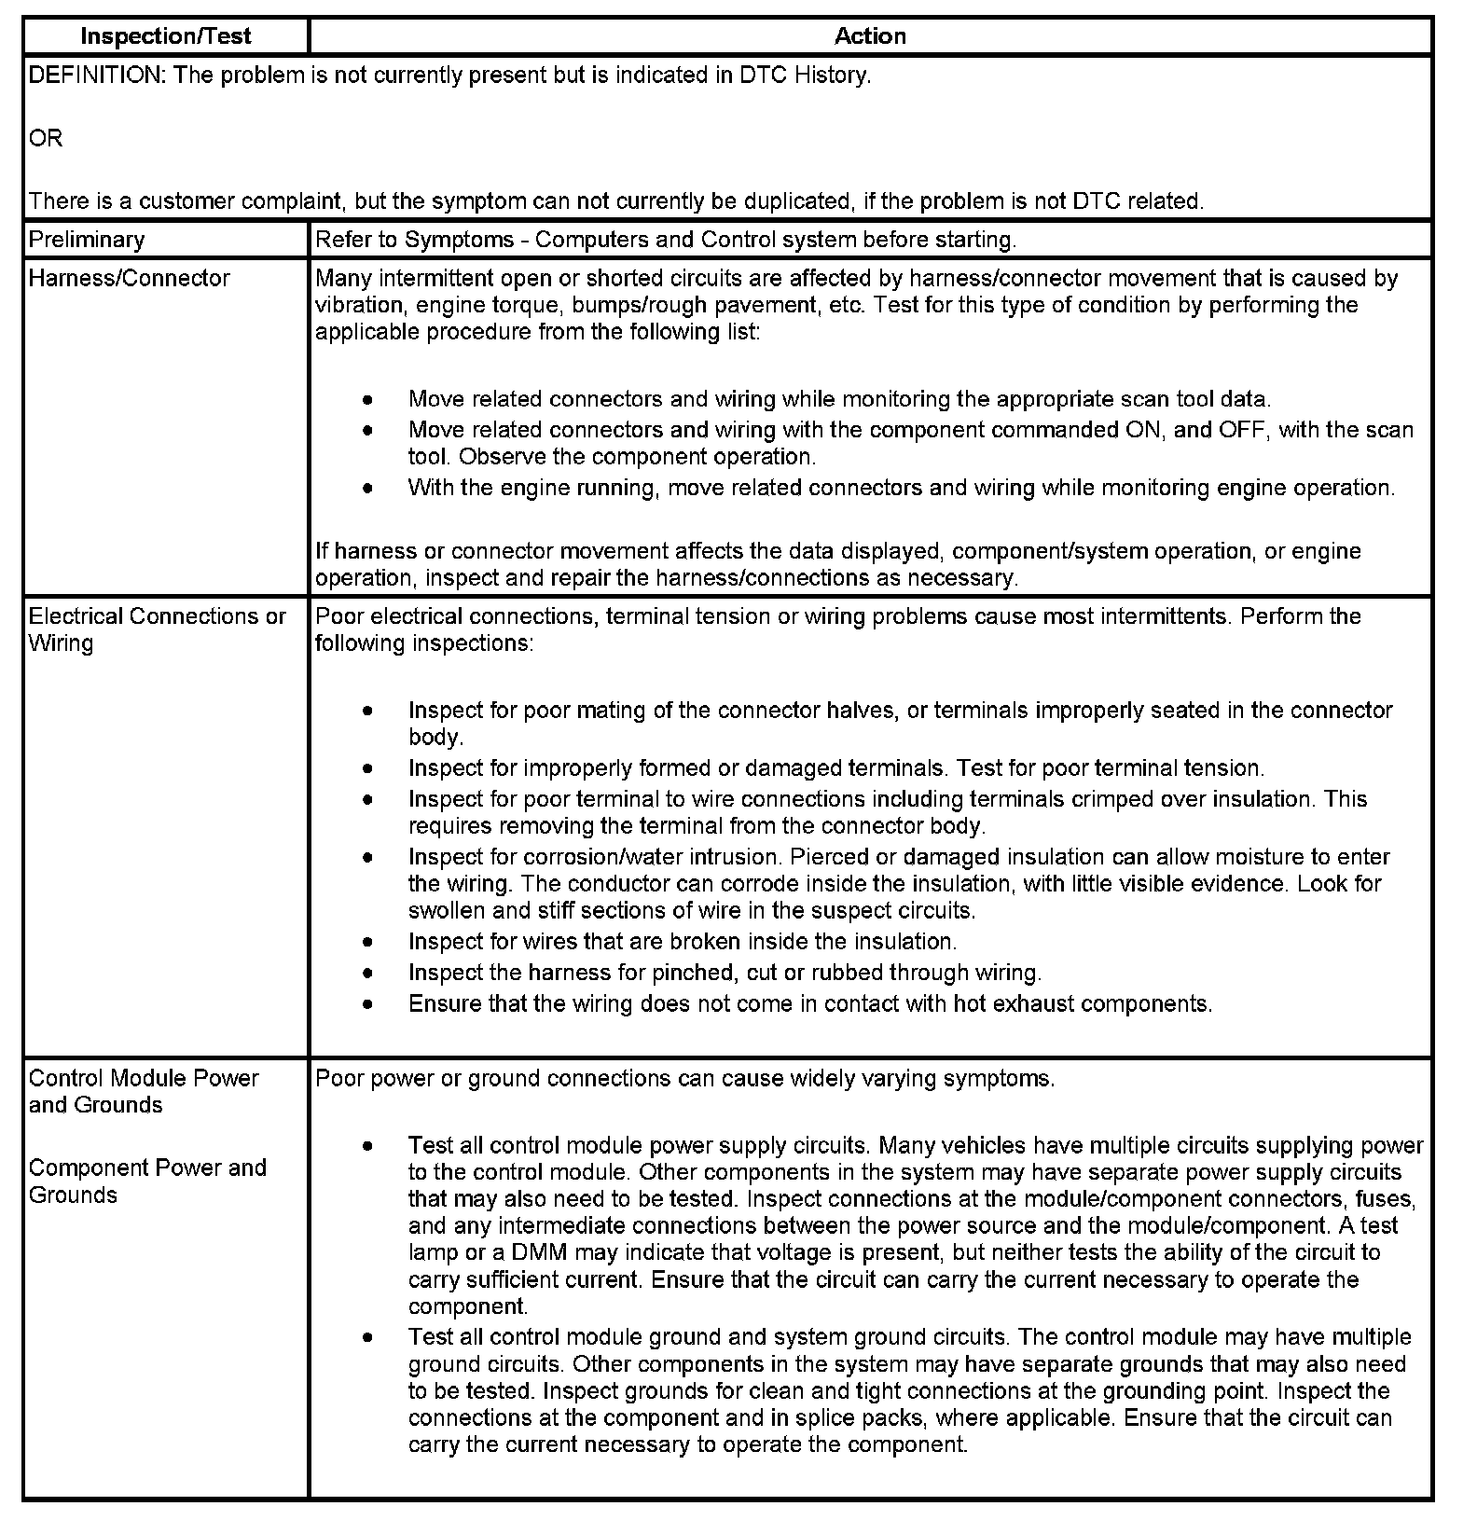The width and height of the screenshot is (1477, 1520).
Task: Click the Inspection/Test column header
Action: pyautogui.click(x=166, y=36)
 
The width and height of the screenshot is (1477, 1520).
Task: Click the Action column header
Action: pyautogui.click(x=869, y=36)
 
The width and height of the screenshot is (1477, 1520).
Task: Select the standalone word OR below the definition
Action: pyautogui.click(x=46, y=138)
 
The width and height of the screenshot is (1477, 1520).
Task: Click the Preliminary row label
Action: pyautogui.click(x=87, y=240)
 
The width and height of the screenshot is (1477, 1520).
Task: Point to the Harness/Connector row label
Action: pyautogui.click(x=129, y=278)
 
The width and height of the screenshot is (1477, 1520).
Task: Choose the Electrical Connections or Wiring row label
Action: pyautogui.click(x=157, y=629)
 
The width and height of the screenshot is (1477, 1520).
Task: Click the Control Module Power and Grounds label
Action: pyautogui.click(x=144, y=1091)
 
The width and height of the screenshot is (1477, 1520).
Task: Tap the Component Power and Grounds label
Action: pyautogui.click(x=147, y=1181)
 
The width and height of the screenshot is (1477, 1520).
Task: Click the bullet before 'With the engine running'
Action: pyautogui.click(x=369, y=488)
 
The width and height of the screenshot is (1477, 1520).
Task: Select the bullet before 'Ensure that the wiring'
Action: pyautogui.click(x=369, y=1004)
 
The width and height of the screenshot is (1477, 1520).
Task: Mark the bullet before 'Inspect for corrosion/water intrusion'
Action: pyautogui.click(x=369, y=857)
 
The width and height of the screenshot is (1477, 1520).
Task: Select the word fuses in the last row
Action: pyautogui.click(x=1387, y=1198)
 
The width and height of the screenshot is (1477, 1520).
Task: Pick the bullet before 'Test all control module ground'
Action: pyautogui.click(x=369, y=1337)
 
